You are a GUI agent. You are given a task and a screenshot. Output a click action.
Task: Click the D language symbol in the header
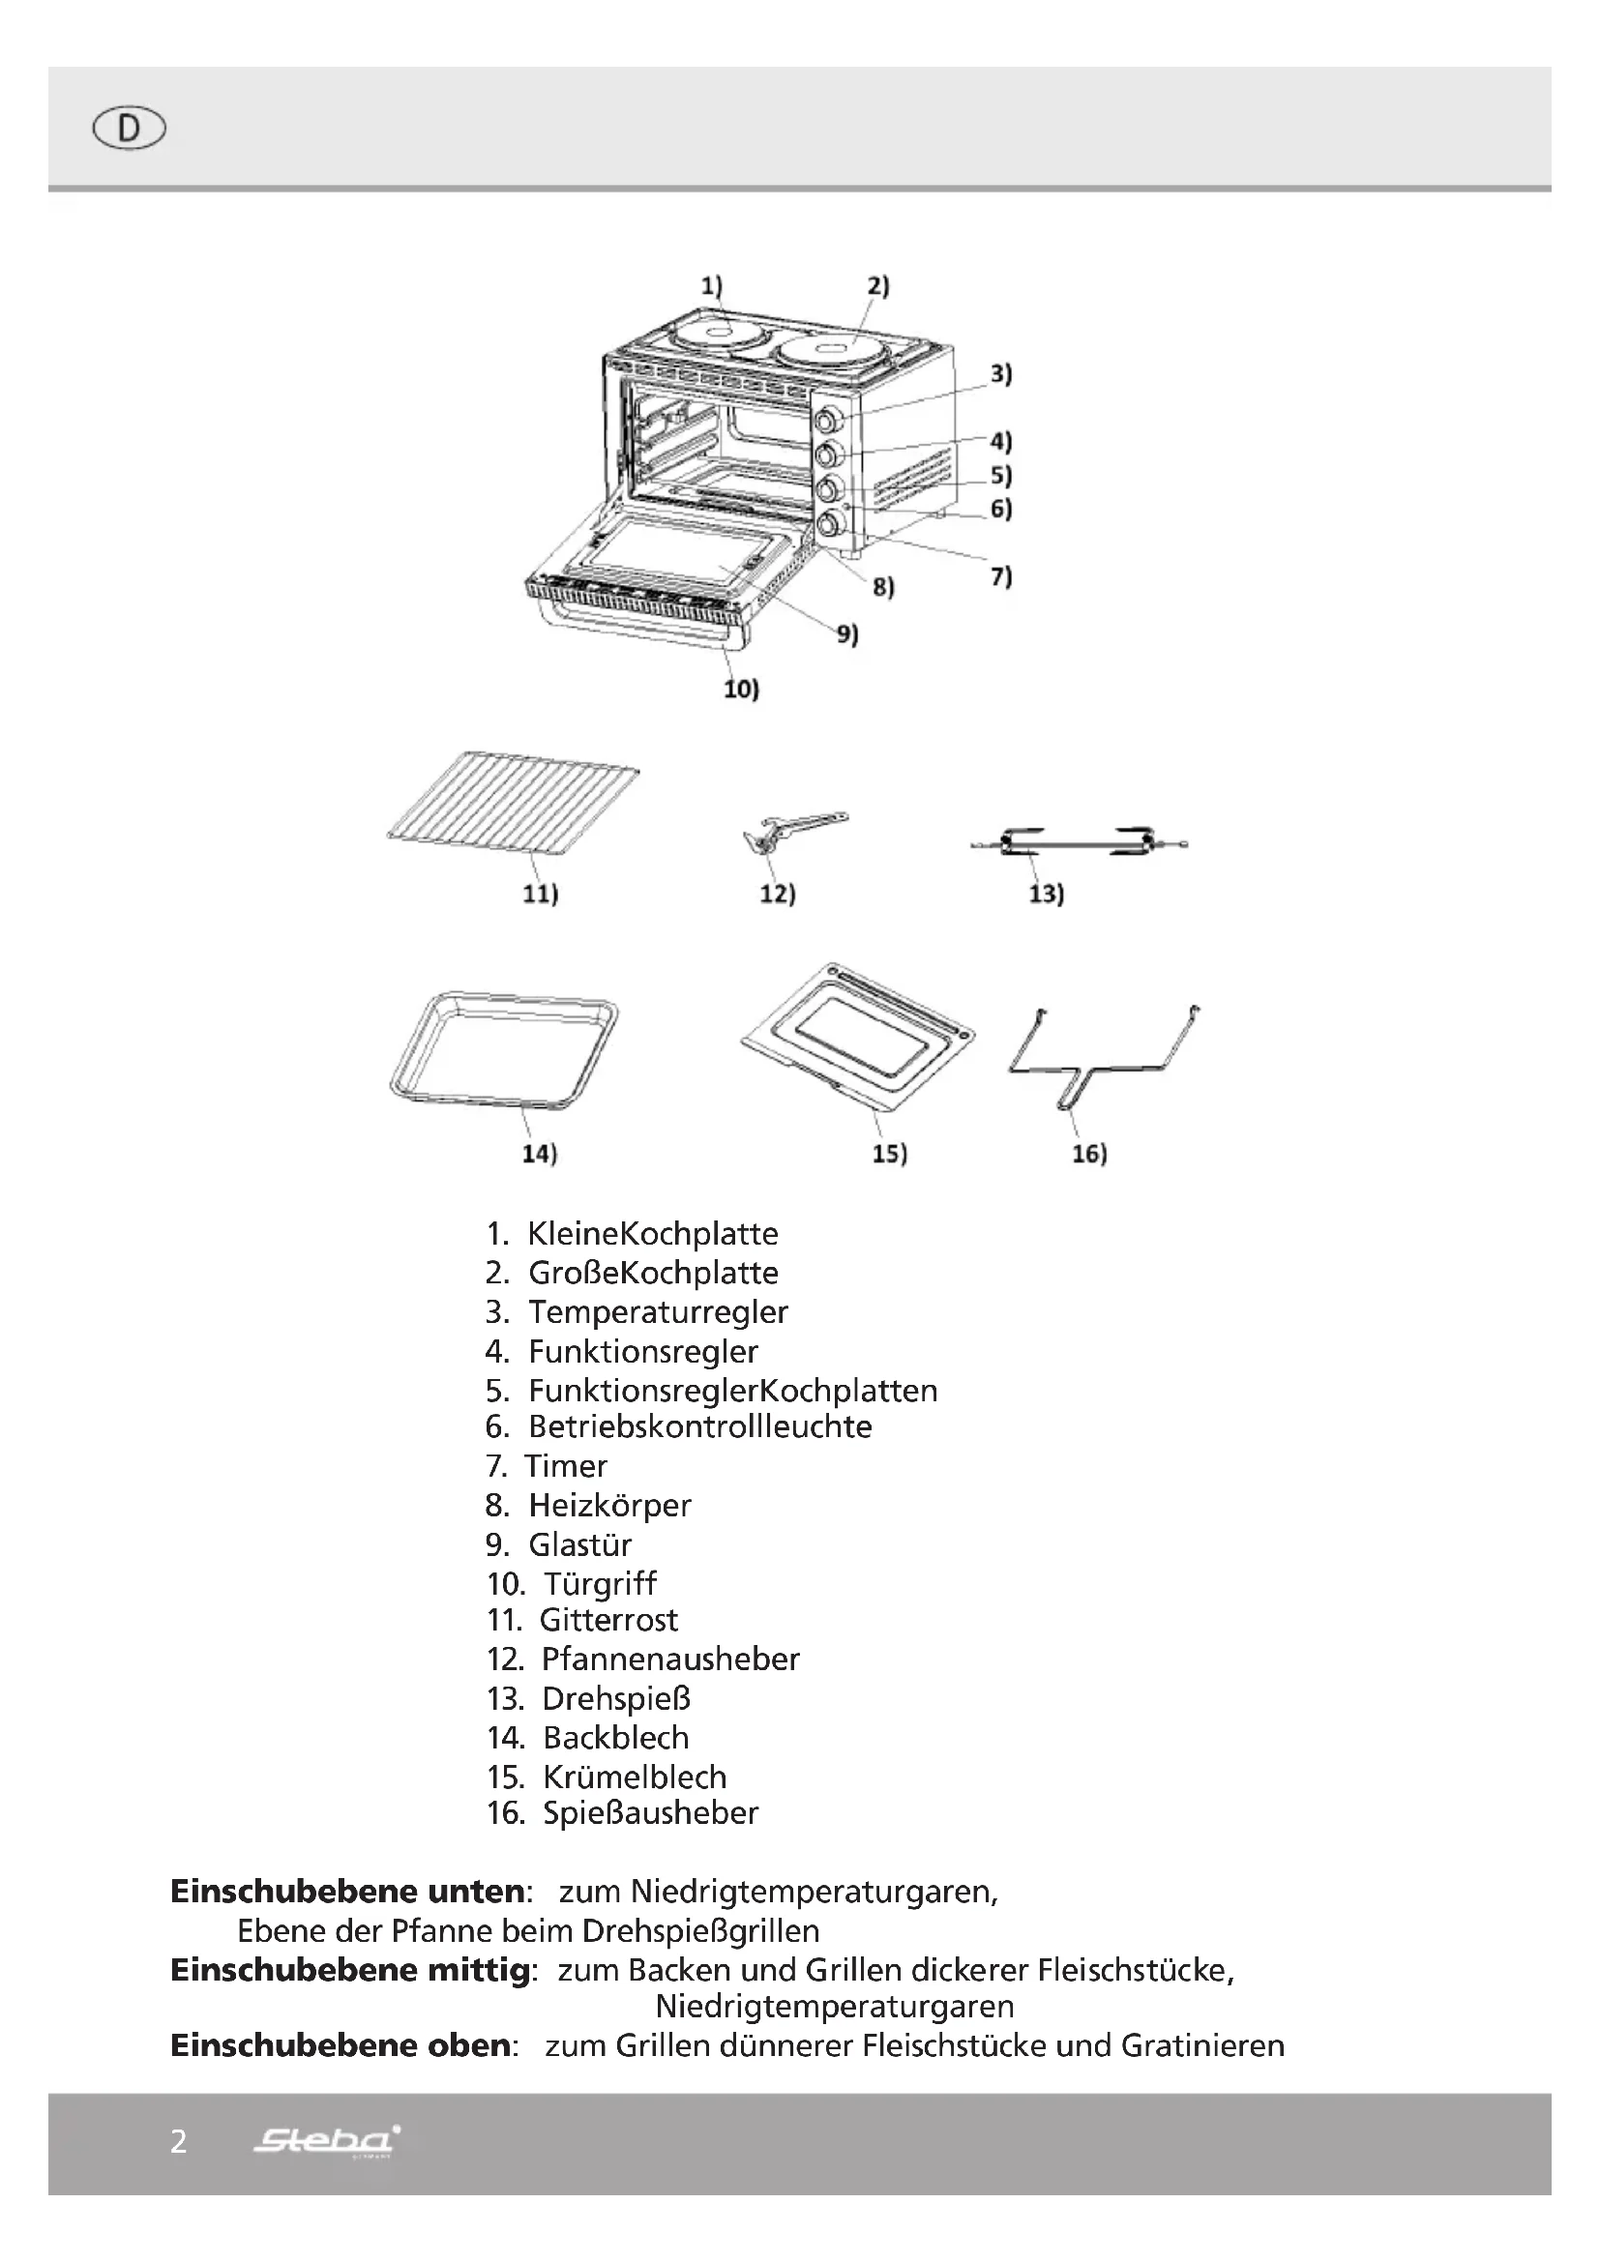click(129, 129)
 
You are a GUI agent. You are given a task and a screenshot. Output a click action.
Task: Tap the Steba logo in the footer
click(326, 2140)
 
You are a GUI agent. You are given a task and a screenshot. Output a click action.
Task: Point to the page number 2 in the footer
click(178, 2142)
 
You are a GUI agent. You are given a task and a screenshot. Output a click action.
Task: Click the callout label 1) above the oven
click(711, 285)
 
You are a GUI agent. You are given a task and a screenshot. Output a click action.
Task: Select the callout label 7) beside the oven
click(1001, 576)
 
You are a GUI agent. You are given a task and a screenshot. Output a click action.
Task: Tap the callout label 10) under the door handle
click(741, 689)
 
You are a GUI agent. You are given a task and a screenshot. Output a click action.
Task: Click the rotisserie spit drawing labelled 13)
click(1078, 843)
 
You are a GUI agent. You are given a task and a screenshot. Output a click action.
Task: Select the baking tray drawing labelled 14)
click(503, 1051)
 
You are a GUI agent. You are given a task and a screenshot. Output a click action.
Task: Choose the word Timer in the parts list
click(567, 1466)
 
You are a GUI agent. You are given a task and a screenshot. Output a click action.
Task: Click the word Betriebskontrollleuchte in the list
click(699, 1426)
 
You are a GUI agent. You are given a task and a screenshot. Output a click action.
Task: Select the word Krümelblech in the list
click(635, 1777)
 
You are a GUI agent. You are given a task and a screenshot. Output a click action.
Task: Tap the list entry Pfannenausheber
click(670, 1660)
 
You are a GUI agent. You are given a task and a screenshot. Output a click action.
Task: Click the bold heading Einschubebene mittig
click(352, 1969)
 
